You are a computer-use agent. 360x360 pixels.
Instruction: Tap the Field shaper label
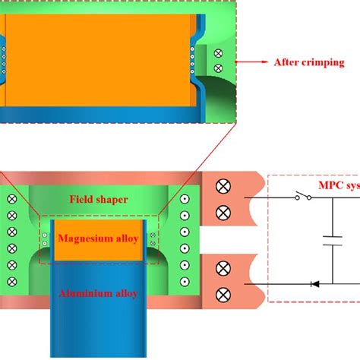97,198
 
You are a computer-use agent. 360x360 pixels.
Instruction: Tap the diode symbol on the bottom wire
312,284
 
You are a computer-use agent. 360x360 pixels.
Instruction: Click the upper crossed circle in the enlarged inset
219,54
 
